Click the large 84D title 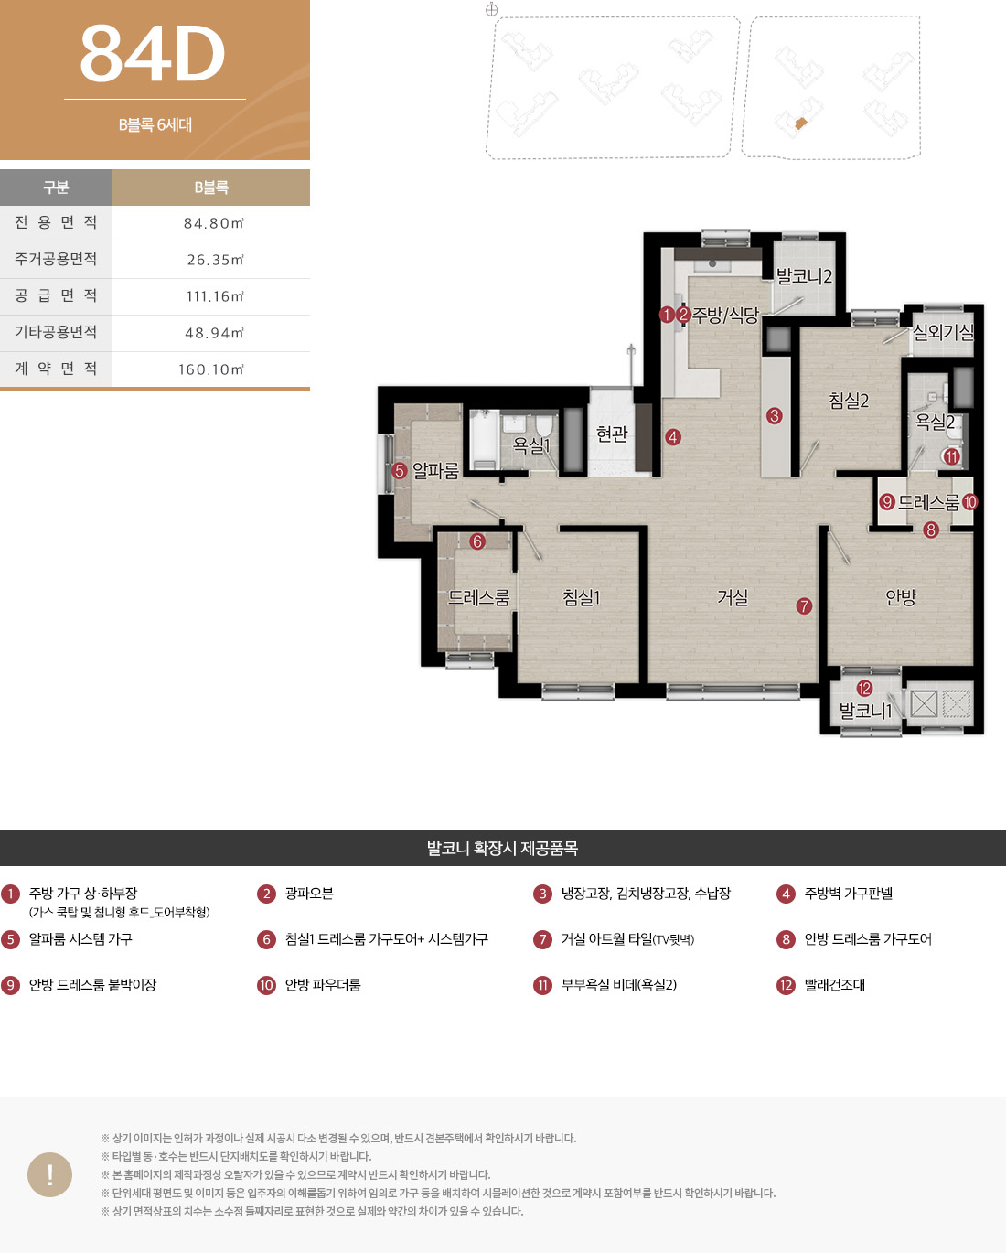tap(153, 54)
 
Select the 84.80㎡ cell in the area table tap(214, 223)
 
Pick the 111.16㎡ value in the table tap(215, 296)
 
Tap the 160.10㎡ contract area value tap(210, 369)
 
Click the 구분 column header tap(56, 187)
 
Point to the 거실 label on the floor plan tap(733, 597)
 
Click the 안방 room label tap(901, 597)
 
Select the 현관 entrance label tap(612, 434)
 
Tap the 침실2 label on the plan tap(848, 400)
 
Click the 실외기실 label tap(943, 332)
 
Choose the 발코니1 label tap(865, 711)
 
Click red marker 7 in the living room tap(804, 606)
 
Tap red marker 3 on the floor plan tap(774, 416)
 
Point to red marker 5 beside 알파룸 tap(399, 470)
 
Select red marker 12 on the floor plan tap(864, 688)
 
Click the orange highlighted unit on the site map tap(801, 123)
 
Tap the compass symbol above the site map tap(491, 9)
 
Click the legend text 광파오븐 tap(308, 894)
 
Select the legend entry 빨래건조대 tap(834, 985)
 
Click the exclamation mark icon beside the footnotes tap(49, 1174)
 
